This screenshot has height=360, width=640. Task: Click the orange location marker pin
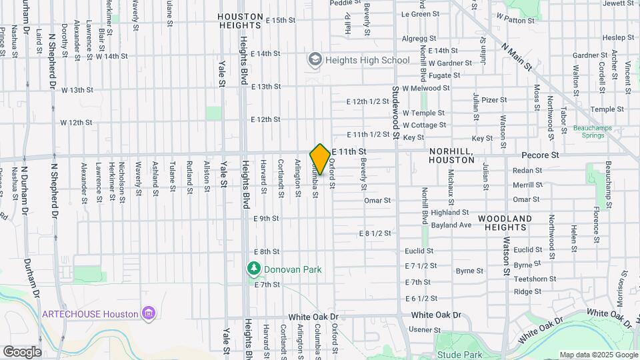pyautogui.click(x=320, y=159)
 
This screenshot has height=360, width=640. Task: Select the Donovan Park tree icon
pyautogui.click(x=253, y=269)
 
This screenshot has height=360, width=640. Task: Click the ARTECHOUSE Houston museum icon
pyautogui.click(x=149, y=313)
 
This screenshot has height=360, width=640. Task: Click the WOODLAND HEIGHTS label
pyautogui.click(x=505, y=223)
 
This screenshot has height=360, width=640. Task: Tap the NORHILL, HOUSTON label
pyautogui.click(x=451, y=156)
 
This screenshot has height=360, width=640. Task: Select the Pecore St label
pyautogui.click(x=541, y=155)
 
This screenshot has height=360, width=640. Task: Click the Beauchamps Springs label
pyautogui.click(x=590, y=131)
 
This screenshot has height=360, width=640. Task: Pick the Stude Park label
pyautogui.click(x=455, y=355)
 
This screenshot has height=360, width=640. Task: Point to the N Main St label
pyautogui.click(x=517, y=57)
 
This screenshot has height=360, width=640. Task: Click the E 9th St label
pyautogui.click(x=266, y=218)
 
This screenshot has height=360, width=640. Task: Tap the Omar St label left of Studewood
pyautogui.click(x=377, y=200)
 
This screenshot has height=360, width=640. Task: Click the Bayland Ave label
pyautogui.click(x=451, y=225)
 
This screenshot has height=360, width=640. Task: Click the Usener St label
pyautogui.click(x=421, y=329)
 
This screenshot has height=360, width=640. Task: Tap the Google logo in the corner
pyautogui.click(x=22, y=351)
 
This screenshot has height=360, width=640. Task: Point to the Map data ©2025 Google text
pyautogui.click(x=598, y=355)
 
